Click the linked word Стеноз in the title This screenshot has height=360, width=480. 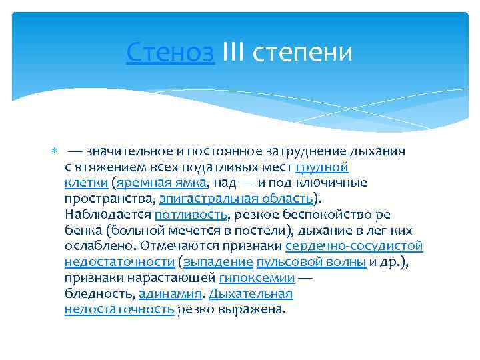click(x=170, y=51)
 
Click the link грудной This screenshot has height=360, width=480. click(x=321, y=167)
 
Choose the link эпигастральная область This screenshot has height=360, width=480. click(x=235, y=199)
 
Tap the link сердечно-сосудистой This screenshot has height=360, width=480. click(x=354, y=246)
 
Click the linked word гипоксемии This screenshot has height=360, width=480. click(x=256, y=278)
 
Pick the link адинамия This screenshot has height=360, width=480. click(x=170, y=294)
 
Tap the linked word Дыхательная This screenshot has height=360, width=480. click(x=251, y=294)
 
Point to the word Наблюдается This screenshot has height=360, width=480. click(x=108, y=215)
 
